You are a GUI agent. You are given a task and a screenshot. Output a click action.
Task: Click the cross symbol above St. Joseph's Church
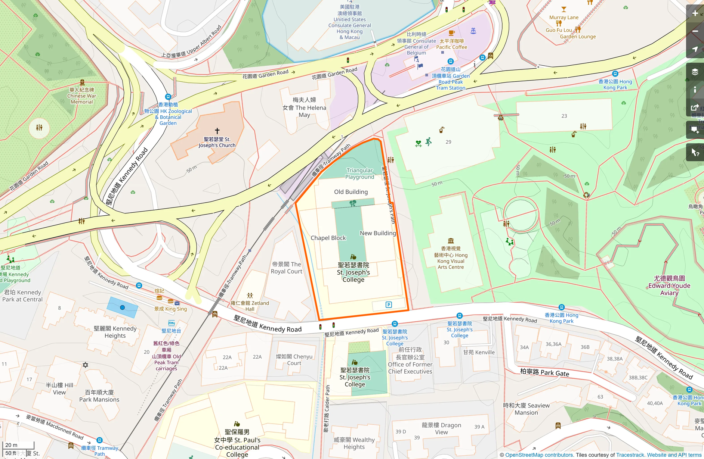217,131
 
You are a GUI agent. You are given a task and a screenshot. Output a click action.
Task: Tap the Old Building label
351,192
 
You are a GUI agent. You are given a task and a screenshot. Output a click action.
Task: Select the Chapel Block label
328,238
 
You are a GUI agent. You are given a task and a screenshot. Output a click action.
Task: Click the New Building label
377,233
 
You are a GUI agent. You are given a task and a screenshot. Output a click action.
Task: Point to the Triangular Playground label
359,174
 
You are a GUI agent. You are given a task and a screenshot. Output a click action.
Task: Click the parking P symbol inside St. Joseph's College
389,305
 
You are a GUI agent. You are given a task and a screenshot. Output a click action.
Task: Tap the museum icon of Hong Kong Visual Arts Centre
451,241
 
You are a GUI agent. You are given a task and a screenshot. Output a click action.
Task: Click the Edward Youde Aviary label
669,285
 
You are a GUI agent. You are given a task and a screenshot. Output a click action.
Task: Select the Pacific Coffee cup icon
451,33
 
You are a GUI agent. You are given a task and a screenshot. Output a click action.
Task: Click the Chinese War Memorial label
81,96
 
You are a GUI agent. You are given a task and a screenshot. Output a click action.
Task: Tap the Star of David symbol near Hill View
85,365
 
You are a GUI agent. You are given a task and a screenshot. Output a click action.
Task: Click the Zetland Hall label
250,306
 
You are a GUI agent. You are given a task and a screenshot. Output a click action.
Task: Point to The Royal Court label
286,268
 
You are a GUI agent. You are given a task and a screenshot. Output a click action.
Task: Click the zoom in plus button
695,13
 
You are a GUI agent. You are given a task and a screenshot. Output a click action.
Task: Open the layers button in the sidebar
695,72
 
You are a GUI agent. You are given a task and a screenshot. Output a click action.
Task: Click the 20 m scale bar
19,445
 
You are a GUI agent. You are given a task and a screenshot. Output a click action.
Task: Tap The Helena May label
304,107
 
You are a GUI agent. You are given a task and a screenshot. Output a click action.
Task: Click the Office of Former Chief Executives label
410,360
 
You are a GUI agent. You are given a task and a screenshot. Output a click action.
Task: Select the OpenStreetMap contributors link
539,455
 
